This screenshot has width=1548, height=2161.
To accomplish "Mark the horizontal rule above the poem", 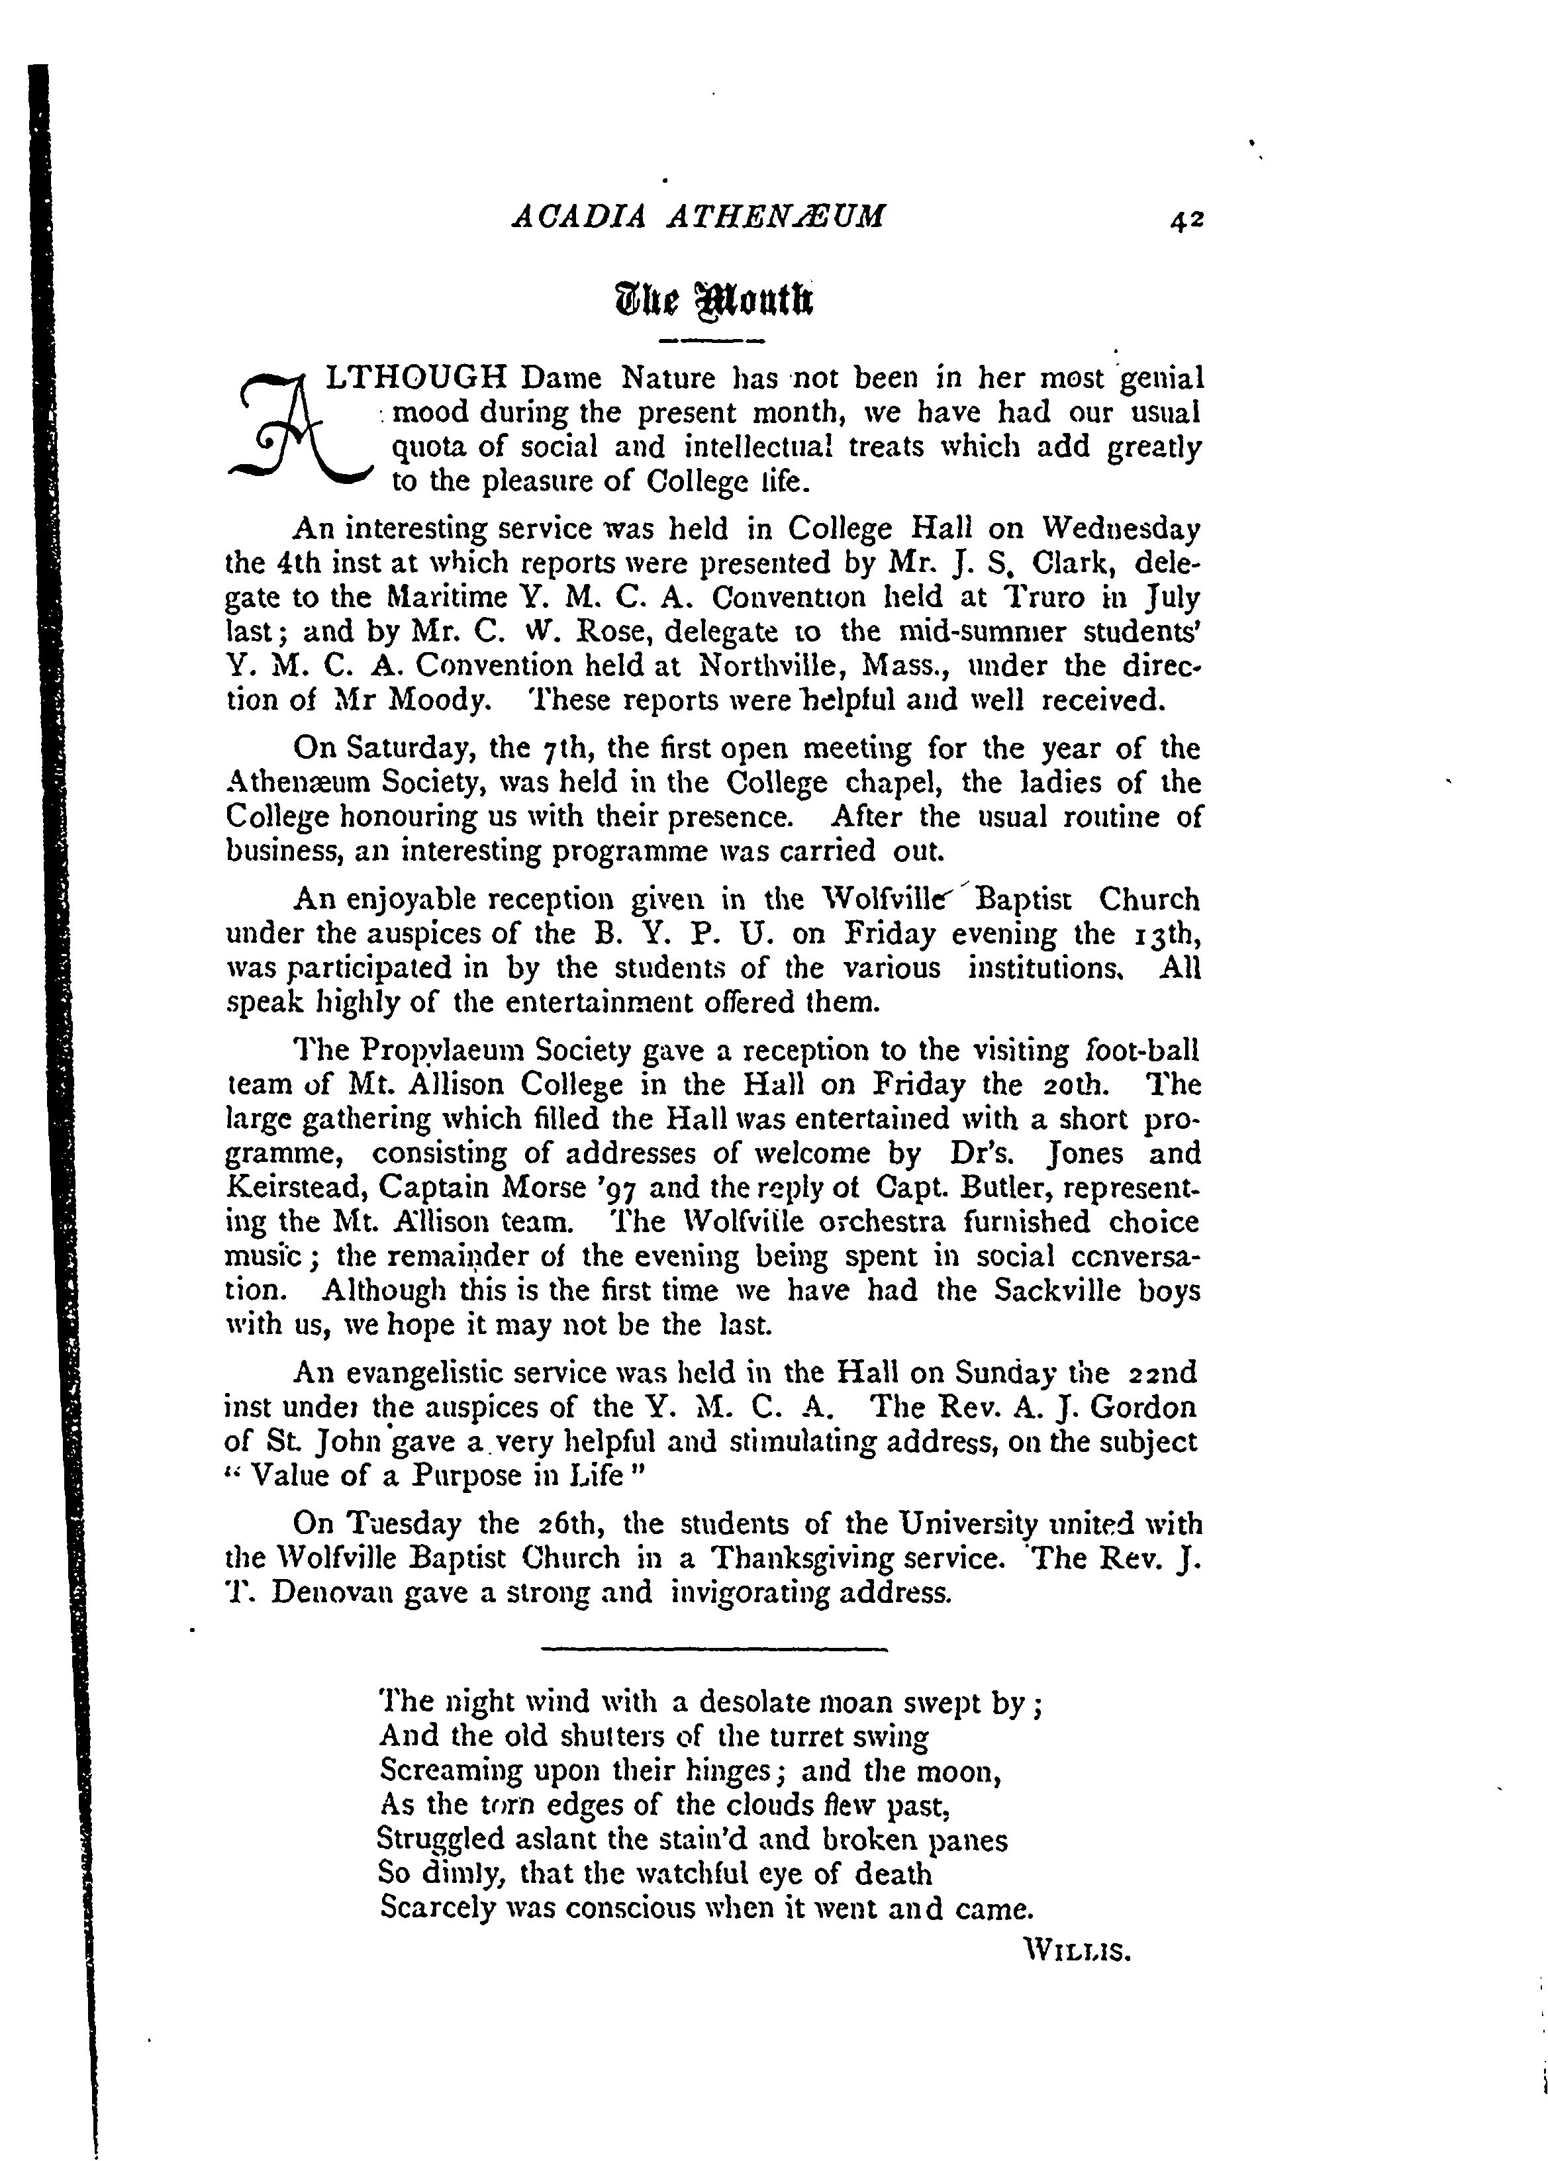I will [714, 1649].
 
